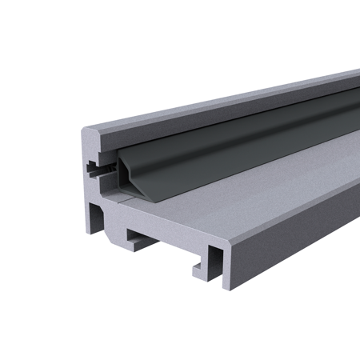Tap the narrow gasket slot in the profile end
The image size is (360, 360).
[98, 170]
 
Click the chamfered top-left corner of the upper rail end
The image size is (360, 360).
[87, 129]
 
